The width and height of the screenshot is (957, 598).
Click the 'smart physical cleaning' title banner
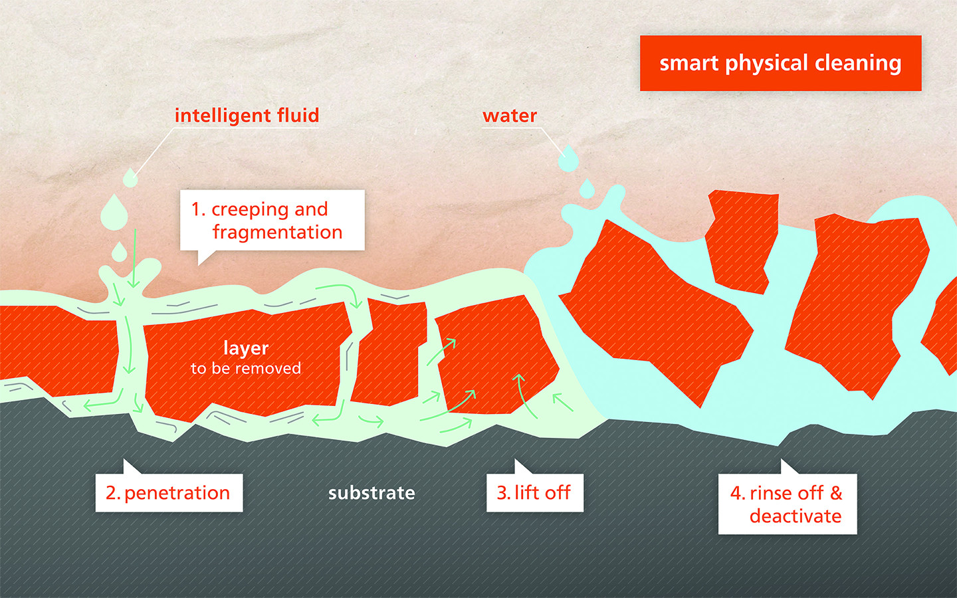pos(780,63)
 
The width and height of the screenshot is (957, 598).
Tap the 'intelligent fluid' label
pos(247,116)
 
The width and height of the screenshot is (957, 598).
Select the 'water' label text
pos(509,116)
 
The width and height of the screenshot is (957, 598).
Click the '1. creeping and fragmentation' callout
pos(272,221)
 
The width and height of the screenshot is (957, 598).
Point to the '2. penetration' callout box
pos(169,493)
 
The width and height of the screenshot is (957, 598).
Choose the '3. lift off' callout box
pos(534,493)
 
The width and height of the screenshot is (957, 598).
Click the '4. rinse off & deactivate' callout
pos(787,504)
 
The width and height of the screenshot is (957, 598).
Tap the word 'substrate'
pos(372,493)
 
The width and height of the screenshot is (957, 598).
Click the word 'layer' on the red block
pos(246,348)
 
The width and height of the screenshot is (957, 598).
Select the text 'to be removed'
pos(246,369)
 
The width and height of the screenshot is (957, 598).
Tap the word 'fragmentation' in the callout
pos(277,233)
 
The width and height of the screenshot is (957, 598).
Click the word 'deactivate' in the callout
pos(796,516)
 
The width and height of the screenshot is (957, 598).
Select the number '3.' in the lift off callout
pos(504,493)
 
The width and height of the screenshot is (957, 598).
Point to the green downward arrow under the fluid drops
pos(134,259)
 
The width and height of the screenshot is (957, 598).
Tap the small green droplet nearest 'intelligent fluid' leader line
pos(130,177)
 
